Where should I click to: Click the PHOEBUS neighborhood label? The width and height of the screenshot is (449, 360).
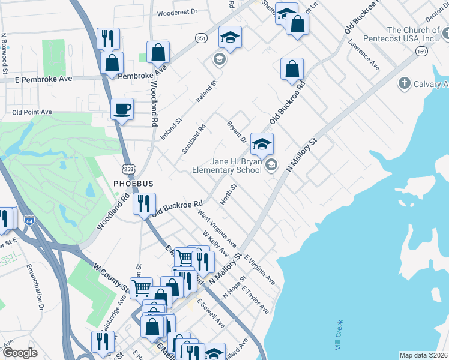pos(133,182)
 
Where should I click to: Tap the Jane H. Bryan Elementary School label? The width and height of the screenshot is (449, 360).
pos(227,166)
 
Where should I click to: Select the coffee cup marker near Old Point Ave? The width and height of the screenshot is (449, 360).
pos(122,109)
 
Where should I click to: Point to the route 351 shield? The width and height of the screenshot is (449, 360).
pos(201,37)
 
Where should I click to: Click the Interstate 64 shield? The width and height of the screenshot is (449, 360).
pos(29,221)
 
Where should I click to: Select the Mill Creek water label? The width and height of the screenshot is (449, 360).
pos(339,335)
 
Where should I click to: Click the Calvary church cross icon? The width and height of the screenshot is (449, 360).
pos(405,83)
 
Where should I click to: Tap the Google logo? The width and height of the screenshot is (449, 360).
pos(20,353)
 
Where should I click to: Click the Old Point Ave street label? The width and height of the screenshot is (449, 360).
pos(32,112)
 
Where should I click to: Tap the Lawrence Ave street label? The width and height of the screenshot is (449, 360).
pos(364,55)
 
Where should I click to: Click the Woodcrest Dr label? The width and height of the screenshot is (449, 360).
pos(177,12)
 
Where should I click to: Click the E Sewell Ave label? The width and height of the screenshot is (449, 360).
pos(211,314)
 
